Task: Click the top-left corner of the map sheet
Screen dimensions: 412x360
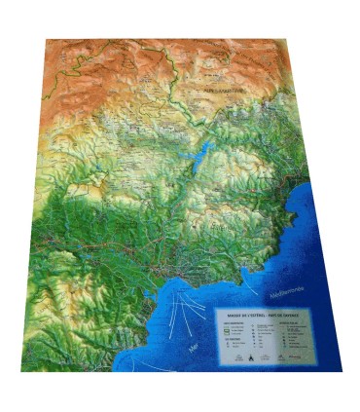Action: click(47, 40)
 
